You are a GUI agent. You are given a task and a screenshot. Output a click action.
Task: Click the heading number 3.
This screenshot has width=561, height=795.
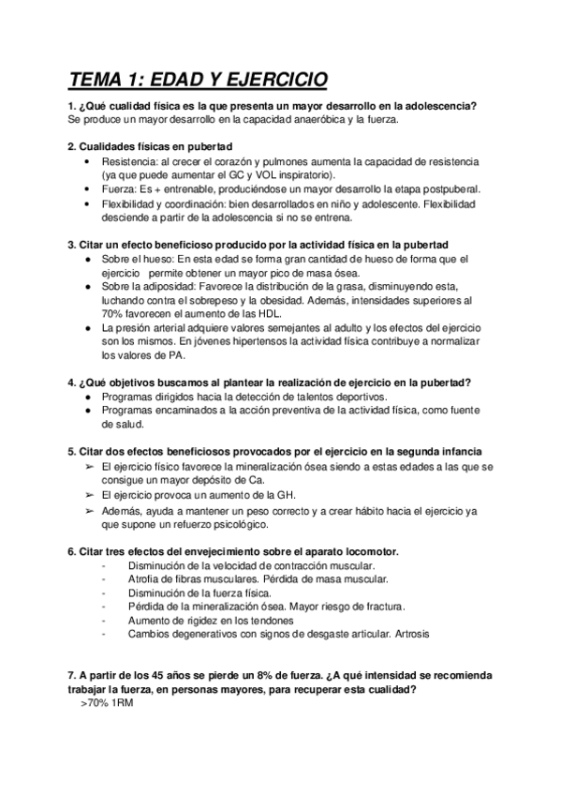(x=72, y=244)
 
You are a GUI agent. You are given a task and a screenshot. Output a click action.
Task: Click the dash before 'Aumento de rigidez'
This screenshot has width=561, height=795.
(x=101, y=621)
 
